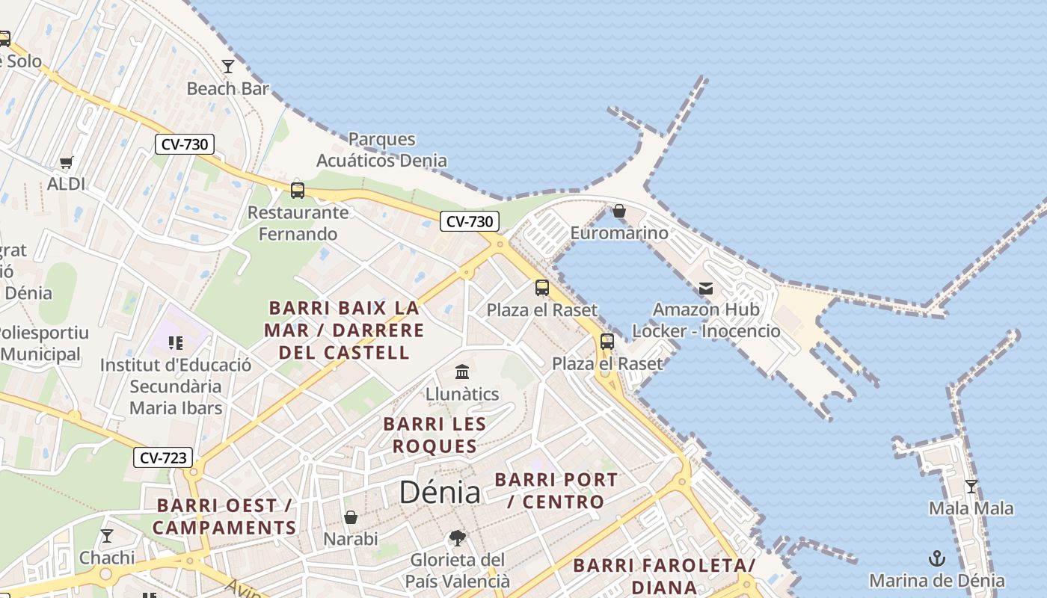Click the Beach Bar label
(227, 88)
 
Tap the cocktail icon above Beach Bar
(228, 67)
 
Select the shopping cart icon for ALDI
(67, 162)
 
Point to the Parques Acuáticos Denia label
(381, 149)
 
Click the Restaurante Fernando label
(298, 223)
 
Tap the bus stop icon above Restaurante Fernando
(298, 190)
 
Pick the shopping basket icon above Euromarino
(619, 212)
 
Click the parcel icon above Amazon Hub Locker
(705, 288)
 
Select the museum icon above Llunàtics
(462, 372)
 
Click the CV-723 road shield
(163, 457)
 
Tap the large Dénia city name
(440, 492)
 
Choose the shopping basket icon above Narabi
(350, 517)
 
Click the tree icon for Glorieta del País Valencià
(457, 538)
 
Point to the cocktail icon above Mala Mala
(971, 487)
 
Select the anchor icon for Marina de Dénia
(936, 558)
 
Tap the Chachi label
(107, 558)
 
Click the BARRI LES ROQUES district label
(435, 435)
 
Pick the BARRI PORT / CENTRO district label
(556, 490)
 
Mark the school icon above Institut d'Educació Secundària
(176, 343)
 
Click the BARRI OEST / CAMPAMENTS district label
(224, 517)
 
